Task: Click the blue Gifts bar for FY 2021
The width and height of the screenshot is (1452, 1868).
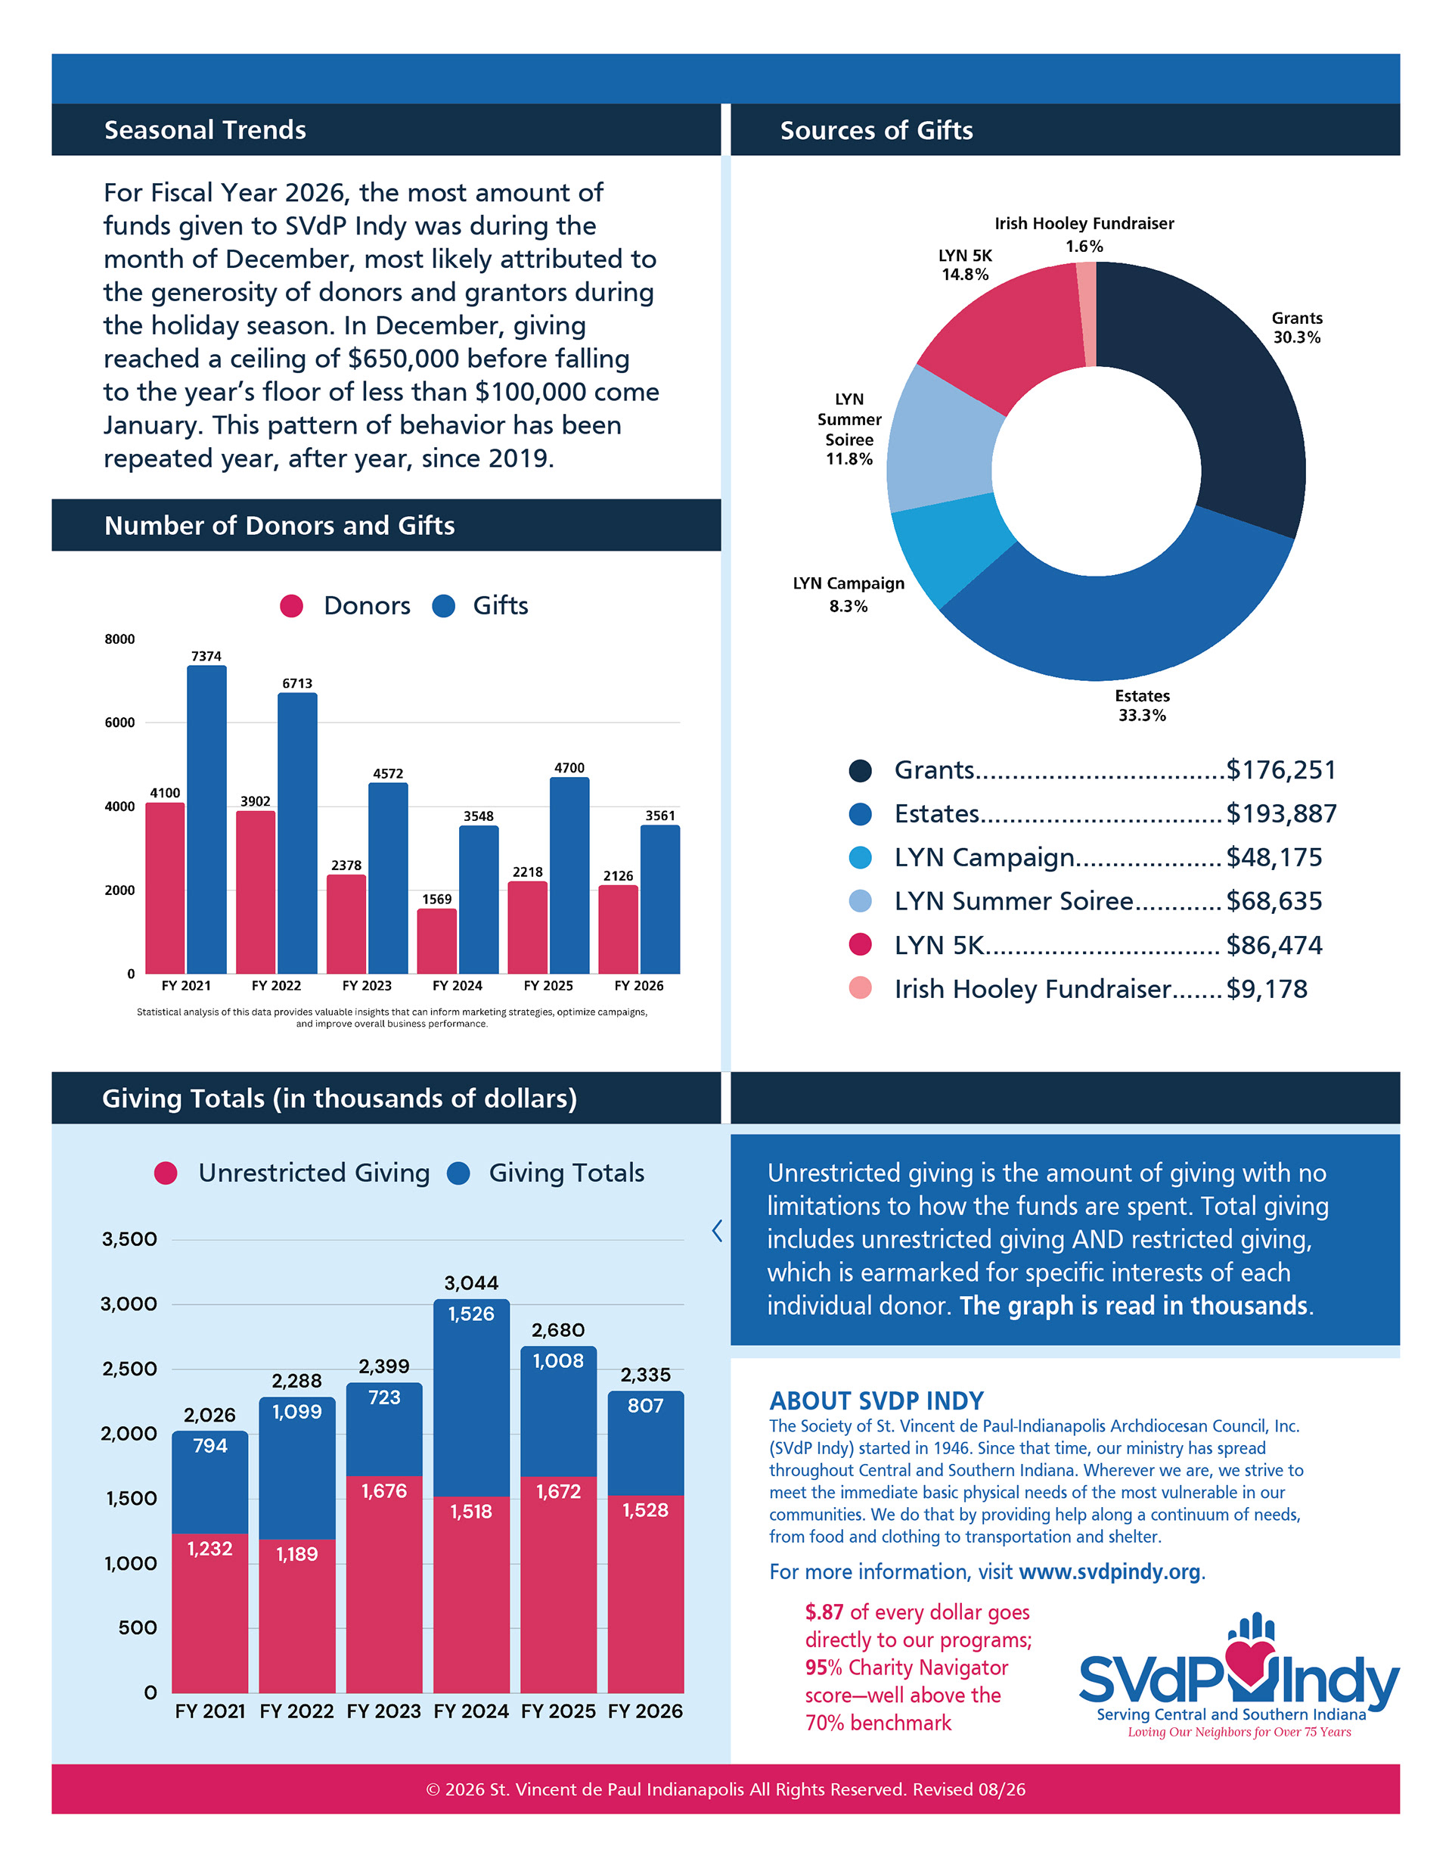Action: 207,819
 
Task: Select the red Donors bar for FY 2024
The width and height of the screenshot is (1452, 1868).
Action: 437,941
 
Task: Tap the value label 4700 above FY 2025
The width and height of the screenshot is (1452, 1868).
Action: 569,768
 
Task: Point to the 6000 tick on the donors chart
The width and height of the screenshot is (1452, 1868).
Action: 119,723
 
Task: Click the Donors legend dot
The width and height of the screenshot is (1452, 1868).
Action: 292,607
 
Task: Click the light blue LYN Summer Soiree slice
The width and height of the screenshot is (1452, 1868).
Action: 941,440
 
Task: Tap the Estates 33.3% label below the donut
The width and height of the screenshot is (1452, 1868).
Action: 1143,706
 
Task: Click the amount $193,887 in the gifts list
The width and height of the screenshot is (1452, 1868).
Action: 1281,813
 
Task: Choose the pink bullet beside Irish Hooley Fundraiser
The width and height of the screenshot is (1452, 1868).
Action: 861,988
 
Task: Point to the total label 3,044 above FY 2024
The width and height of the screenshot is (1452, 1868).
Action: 471,1283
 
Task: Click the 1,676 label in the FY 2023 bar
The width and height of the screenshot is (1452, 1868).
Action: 384,1490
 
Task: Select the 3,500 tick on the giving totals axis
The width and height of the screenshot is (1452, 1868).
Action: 129,1239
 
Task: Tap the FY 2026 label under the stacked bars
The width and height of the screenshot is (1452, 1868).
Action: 646,1711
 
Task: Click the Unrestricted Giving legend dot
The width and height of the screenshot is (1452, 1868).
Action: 166,1173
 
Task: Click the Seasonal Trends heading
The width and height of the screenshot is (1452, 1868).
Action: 205,130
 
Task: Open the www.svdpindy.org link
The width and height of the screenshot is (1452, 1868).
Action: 1110,1572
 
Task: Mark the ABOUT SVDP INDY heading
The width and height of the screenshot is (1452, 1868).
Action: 876,1401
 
